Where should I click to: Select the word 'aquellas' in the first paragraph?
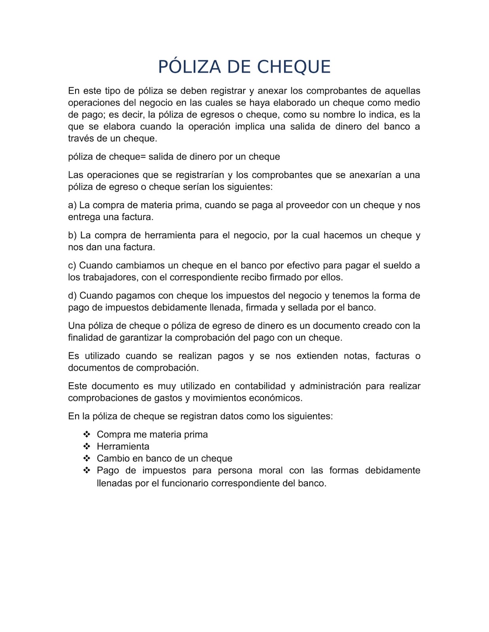pos(403,91)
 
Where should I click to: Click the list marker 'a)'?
pos(72,205)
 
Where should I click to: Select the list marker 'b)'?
pos(72,235)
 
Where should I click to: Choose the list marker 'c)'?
pos(72,265)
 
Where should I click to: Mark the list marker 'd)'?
pos(72,295)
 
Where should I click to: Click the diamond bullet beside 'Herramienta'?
pos(87,446)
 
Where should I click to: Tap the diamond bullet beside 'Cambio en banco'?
pos(87,458)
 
